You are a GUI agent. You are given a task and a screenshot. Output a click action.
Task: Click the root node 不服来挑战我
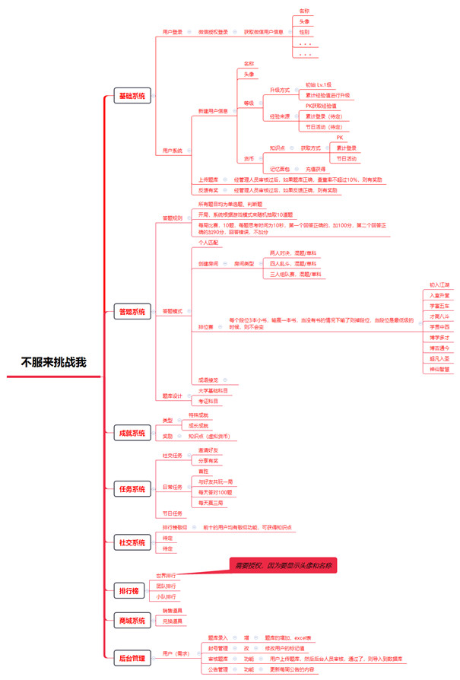pos(53,362)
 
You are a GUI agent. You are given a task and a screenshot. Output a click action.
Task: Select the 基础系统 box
pos(132,96)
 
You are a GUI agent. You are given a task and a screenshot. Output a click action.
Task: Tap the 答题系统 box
pos(132,312)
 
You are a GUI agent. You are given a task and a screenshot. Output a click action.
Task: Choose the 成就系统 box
pos(132,433)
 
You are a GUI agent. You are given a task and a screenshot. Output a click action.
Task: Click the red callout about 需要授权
pos(282,566)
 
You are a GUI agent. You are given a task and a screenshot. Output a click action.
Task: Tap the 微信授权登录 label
pos(213,32)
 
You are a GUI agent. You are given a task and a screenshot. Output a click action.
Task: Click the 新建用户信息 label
pos(213,111)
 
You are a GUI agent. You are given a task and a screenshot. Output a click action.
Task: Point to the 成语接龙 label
pos(209,380)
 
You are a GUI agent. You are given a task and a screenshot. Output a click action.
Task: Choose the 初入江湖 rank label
pos(439,284)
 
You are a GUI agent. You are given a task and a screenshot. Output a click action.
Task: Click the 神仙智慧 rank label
pos(439,369)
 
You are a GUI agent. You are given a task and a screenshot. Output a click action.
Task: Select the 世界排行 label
pos(166,575)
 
